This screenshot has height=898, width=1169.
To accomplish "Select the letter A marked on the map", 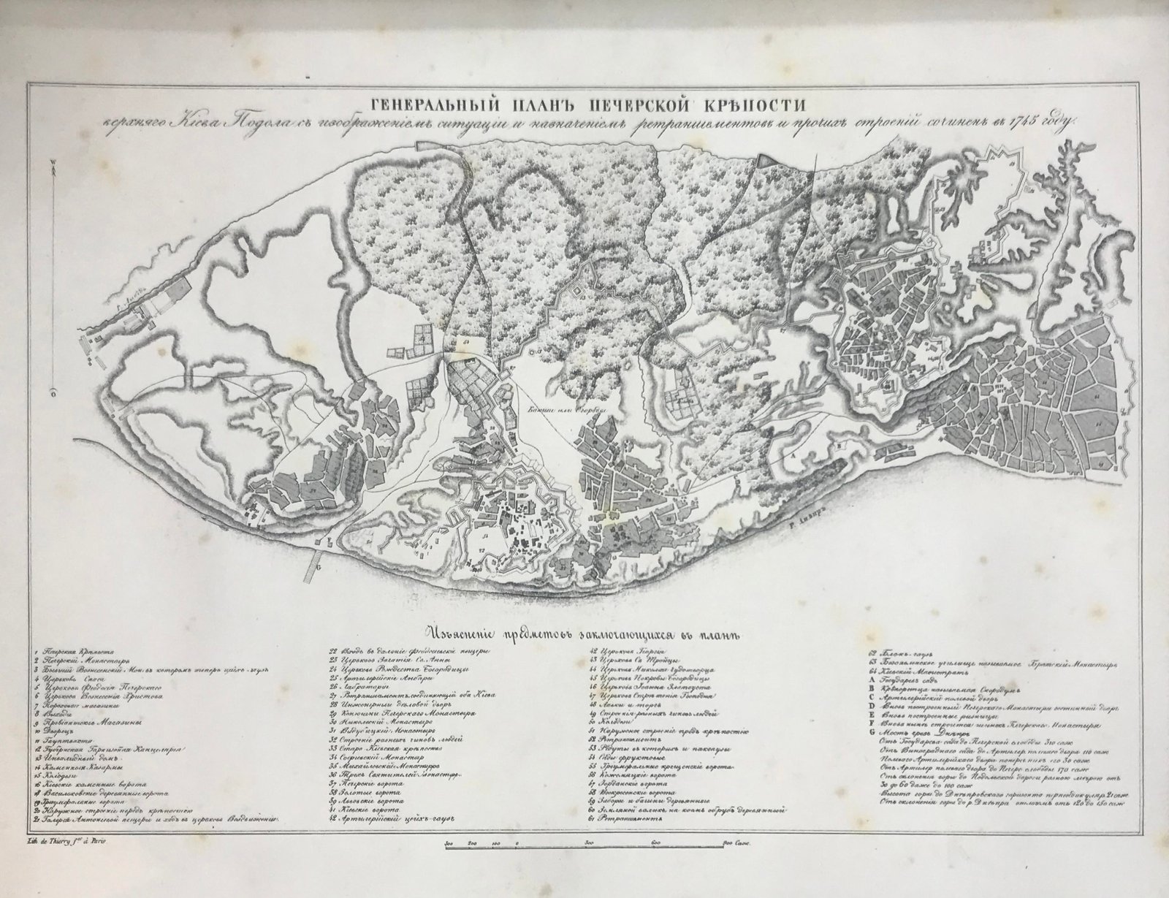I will tap(790, 454).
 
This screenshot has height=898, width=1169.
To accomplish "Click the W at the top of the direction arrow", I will tap(53, 171).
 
